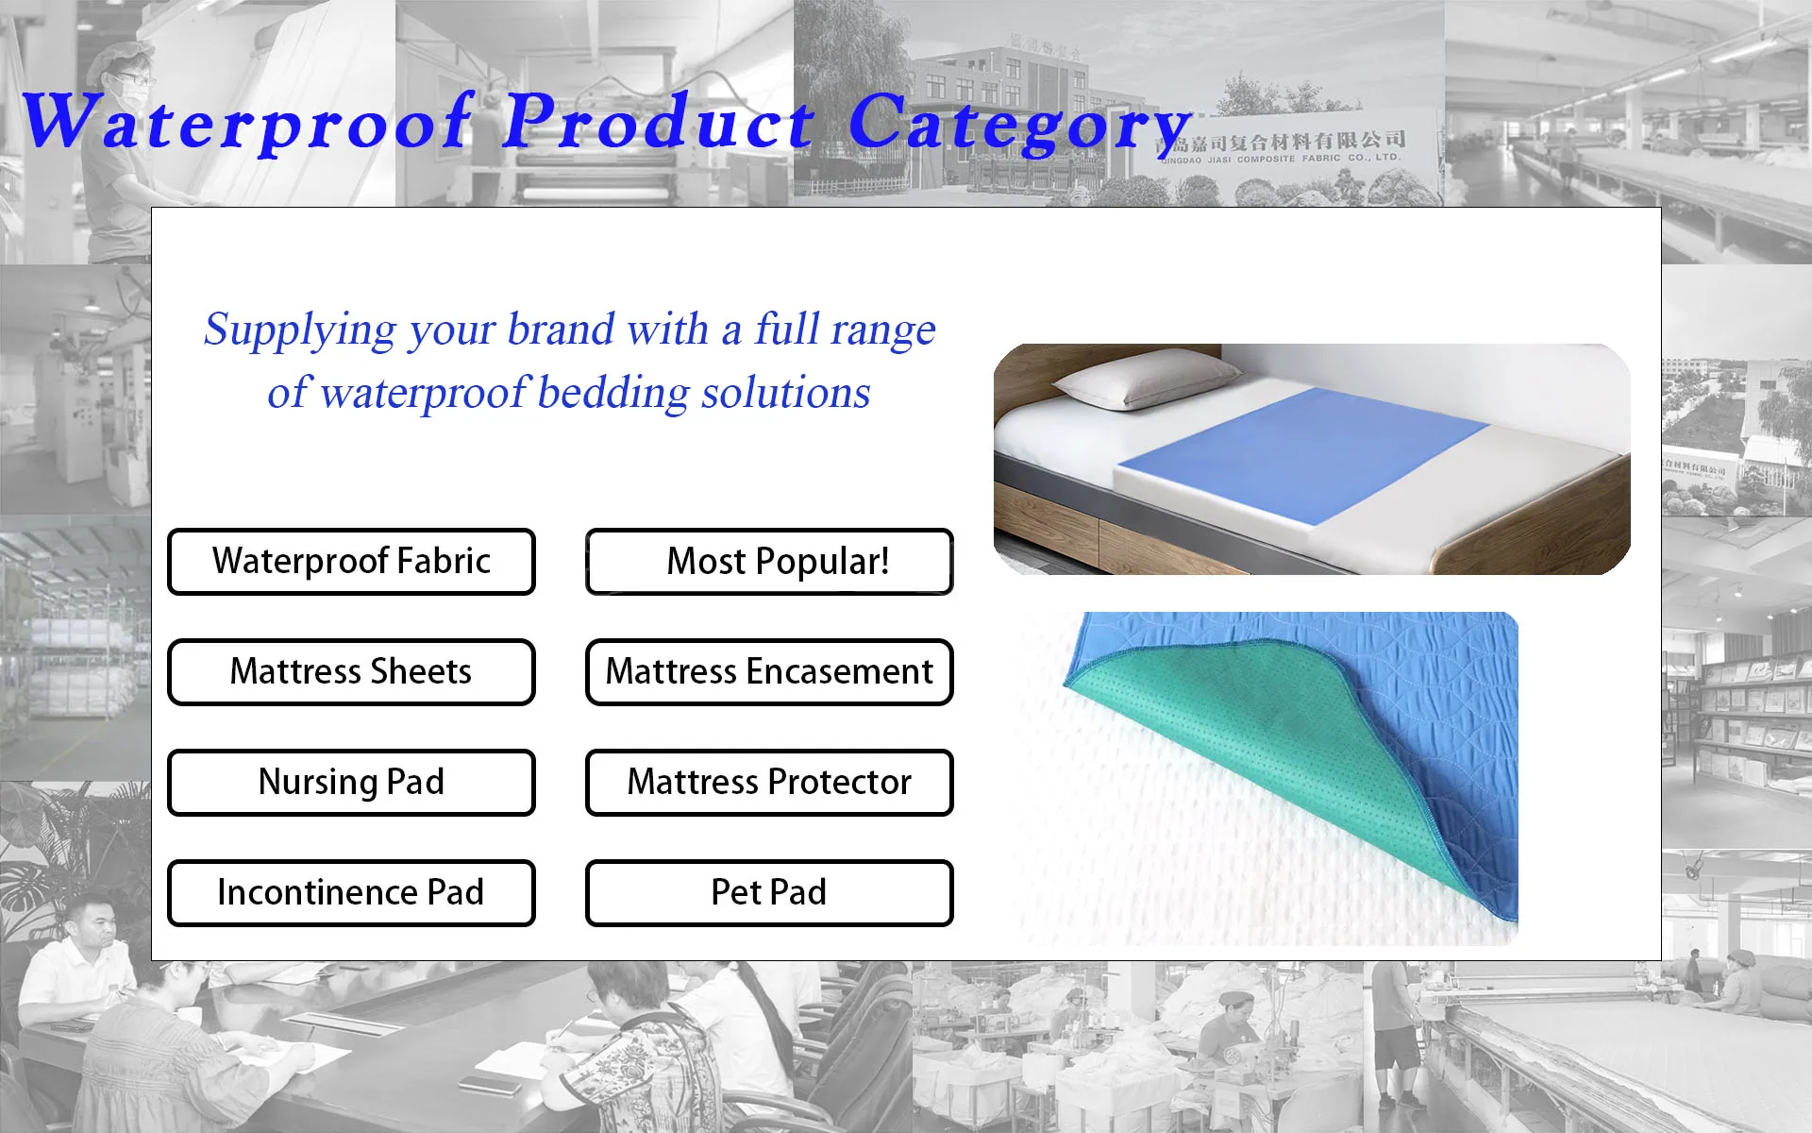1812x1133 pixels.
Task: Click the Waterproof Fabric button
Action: tap(351, 562)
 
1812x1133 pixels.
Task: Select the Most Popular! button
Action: tap(769, 562)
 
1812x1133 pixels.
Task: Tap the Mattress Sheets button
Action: tap(351, 672)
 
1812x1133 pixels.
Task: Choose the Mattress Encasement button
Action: tap(769, 672)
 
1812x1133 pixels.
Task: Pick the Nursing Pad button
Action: tap(351, 783)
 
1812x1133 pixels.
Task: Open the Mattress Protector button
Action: tap(769, 783)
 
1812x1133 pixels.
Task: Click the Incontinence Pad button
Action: tap(351, 893)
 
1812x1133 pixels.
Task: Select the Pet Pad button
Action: tap(769, 893)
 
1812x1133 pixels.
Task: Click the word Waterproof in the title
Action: tap(247, 123)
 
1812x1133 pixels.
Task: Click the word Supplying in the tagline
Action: tap(300, 331)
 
